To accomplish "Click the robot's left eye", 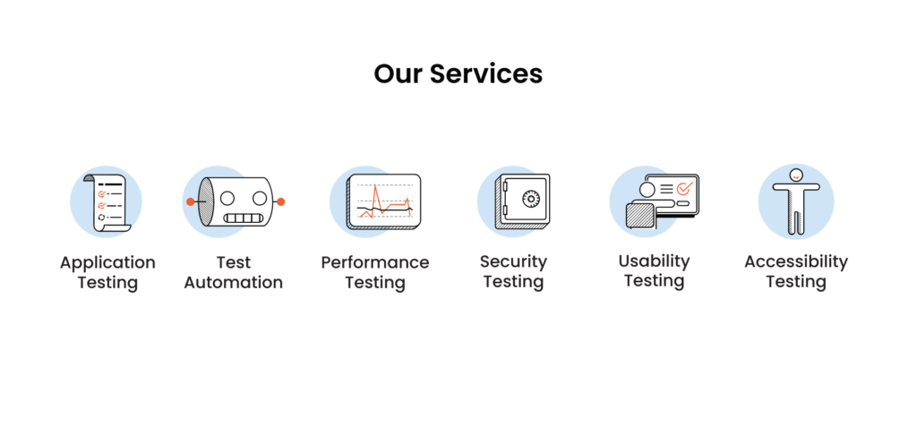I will point(227,197).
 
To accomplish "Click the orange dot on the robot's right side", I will point(280,201).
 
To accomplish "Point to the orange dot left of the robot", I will point(190,201).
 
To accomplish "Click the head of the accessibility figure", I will point(795,175).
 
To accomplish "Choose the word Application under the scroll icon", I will point(107,262).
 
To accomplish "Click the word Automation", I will point(234,283).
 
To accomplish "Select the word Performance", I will point(375,262).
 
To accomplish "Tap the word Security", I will point(513,261).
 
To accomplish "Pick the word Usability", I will point(654,260).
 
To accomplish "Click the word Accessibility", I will point(796,261).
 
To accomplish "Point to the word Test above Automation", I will point(234,262).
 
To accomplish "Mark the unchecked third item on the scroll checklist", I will point(101,217).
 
